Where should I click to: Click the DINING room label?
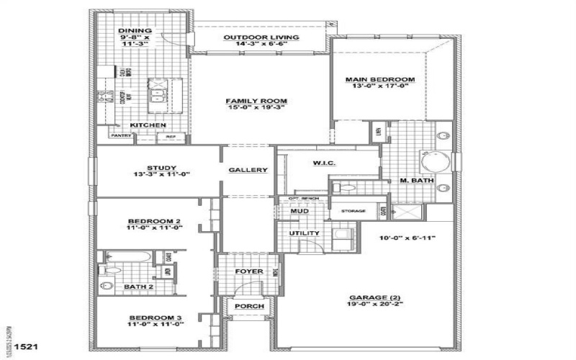(x=135, y=31)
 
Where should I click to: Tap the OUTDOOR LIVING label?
(x=261, y=37)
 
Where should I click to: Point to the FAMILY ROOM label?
(x=257, y=101)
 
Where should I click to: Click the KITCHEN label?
(x=148, y=125)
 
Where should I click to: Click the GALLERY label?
(x=248, y=171)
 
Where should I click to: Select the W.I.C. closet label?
(x=321, y=163)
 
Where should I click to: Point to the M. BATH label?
(x=417, y=181)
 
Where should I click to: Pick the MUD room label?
(x=300, y=211)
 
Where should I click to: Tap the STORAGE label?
(x=353, y=211)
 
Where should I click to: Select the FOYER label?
(x=248, y=271)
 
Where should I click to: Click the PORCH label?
(x=249, y=306)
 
